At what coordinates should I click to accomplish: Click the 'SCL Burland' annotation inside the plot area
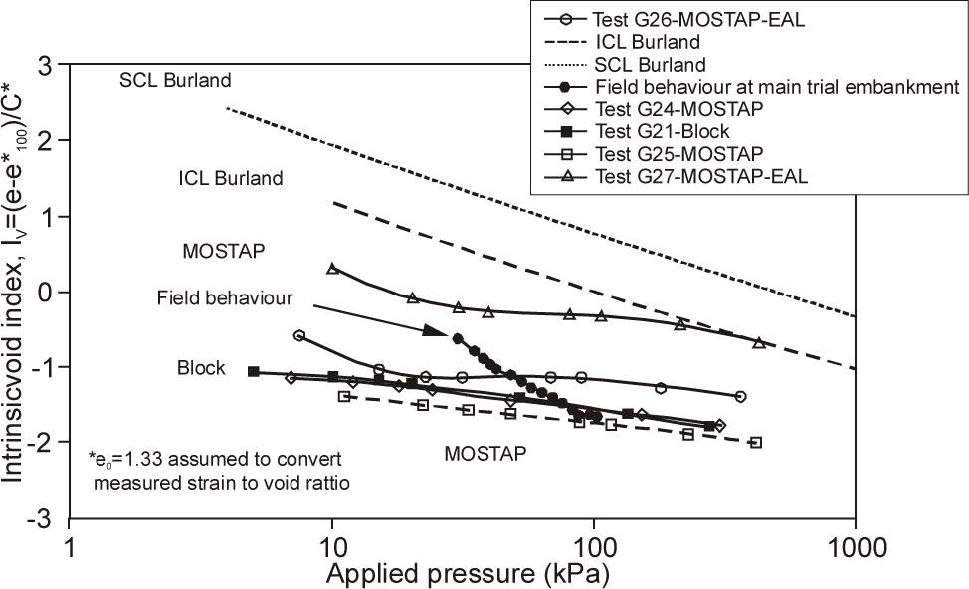coord(175,79)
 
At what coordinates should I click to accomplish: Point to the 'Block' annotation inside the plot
coord(201,367)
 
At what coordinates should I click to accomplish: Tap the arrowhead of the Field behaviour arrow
coord(431,330)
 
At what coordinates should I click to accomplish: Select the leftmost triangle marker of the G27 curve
coord(333,269)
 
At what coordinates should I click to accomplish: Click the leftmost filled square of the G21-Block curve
coord(253,371)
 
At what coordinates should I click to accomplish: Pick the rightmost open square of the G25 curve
coord(756,442)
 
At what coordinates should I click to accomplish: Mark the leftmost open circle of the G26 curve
coord(299,336)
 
